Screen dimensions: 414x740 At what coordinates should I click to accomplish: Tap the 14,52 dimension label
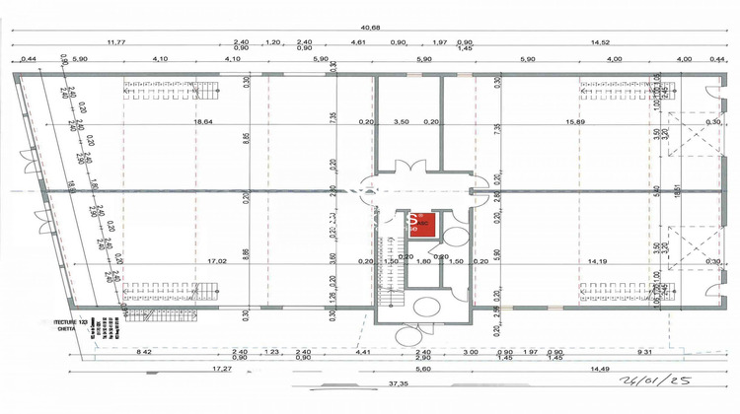(601, 42)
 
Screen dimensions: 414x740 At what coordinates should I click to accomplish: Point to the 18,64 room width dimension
(203, 121)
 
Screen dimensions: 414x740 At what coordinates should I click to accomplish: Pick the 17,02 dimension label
(190, 261)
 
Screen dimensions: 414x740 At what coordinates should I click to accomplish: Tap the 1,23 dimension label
(272, 351)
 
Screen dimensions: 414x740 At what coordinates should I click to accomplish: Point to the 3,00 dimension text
(470, 351)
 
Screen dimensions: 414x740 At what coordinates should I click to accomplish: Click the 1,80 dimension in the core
(423, 261)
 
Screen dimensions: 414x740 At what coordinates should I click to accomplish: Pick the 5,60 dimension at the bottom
(423, 368)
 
